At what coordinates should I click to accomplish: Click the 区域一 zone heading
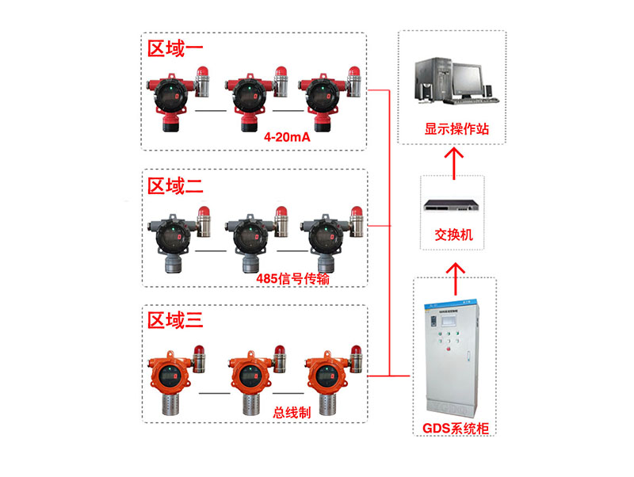pyautogui.click(x=174, y=49)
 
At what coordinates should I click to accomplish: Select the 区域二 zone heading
pyautogui.click(x=174, y=186)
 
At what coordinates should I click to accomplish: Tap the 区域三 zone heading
pyautogui.click(x=174, y=321)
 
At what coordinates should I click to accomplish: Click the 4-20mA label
pyautogui.click(x=287, y=137)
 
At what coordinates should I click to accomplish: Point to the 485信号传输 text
pyautogui.click(x=292, y=279)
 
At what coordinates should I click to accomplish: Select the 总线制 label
pyautogui.click(x=292, y=413)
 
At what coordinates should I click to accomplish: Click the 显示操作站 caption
pyautogui.click(x=456, y=129)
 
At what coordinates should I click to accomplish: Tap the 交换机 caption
pyautogui.click(x=453, y=235)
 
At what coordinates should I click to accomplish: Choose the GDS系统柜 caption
pyautogui.click(x=456, y=428)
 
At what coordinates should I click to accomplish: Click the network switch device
pyautogui.click(x=451, y=206)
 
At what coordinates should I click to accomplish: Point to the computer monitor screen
pyautogui.click(x=468, y=78)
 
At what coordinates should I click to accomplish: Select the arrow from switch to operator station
pyautogui.click(x=454, y=164)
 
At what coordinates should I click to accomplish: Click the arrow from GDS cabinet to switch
pyautogui.click(x=456, y=279)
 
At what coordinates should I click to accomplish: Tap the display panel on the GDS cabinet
pyautogui.click(x=449, y=322)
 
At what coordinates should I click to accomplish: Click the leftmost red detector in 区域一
pyautogui.click(x=170, y=101)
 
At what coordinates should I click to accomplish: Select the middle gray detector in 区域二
pyautogui.click(x=250, y=242)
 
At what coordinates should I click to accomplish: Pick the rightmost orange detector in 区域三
pyautogui.click(x=327, y=382)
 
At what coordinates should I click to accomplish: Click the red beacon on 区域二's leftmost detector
pyautogui.click(x=204, y=212)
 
